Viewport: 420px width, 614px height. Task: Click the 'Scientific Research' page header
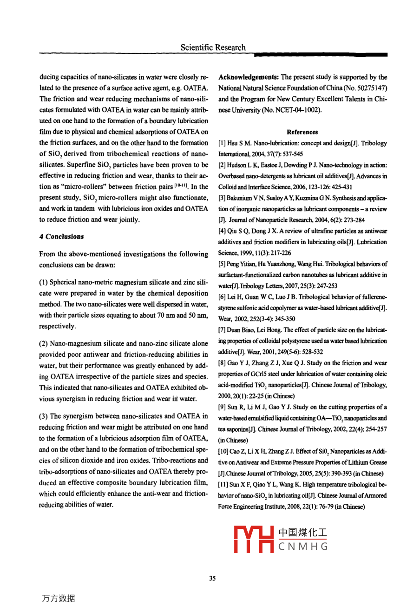point(213,47)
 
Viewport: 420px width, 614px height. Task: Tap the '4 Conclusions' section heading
point(61,237)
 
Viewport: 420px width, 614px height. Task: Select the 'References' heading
point(302,132)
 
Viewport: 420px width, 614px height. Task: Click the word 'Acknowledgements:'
point(249,77)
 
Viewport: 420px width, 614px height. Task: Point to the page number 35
point(212,579)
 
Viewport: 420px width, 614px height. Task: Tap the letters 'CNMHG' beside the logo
point(303,547)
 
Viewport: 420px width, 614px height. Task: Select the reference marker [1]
point(222,143)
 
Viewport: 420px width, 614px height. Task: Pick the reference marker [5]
point(222,264)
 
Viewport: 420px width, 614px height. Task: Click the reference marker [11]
point(223,485)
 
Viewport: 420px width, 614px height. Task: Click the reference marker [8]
point(222,363)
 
